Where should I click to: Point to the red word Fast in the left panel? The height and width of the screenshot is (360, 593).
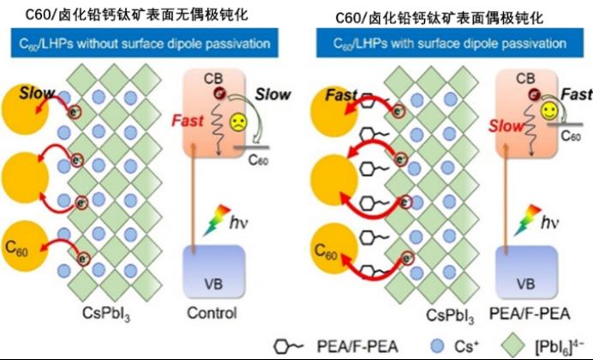188,121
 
